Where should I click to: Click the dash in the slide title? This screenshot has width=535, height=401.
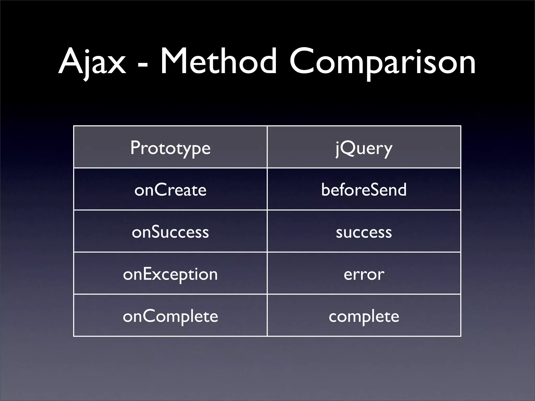click(x=142, y=64)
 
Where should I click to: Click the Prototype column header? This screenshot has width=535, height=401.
click(x=170, y=148)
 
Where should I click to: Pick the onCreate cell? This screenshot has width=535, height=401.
click(x=170, y=190)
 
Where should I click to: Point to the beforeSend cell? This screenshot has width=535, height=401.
click(x=364, y=190)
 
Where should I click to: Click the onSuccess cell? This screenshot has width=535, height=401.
click(x=170, y=232)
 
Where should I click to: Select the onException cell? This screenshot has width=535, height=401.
click(x=170, y=274)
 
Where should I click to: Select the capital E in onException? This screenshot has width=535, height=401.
click(x=148, y=274)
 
